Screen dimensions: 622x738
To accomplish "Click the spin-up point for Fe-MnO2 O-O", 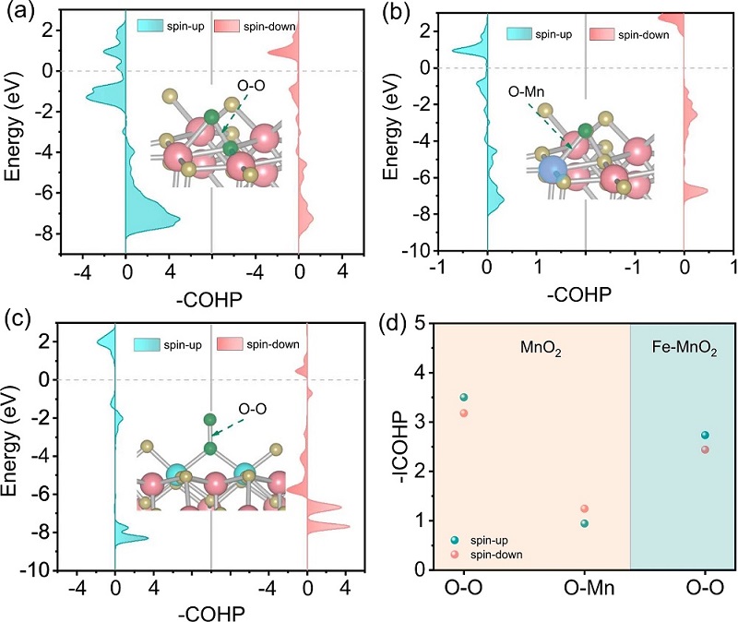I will pos(705,435).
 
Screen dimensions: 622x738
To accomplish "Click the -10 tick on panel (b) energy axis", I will pos(414,250).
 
